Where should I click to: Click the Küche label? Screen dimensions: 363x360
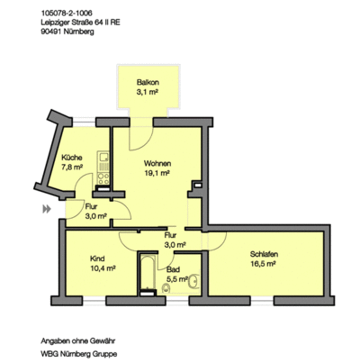72,156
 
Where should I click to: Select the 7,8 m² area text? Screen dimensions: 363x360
72,166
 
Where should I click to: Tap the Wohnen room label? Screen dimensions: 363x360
157,163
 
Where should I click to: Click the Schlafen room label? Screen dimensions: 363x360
264,256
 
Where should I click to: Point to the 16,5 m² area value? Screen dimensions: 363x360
264,266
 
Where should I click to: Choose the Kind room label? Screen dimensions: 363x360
97,259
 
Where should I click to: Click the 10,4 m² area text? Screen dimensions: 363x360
100,268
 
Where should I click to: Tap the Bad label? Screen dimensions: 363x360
175,270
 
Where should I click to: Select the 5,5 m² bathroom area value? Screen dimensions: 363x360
177,280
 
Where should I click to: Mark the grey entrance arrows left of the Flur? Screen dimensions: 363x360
44,211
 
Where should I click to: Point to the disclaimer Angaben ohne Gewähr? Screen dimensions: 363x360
80,341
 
